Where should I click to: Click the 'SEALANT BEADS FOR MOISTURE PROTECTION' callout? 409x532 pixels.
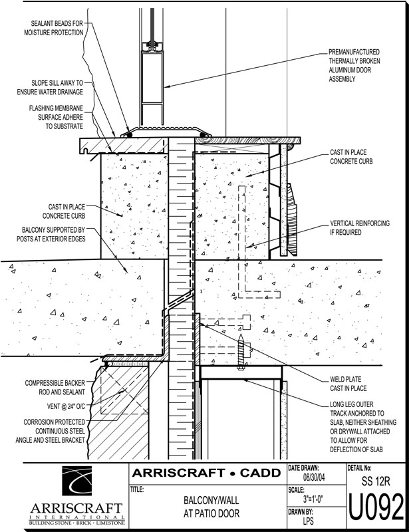click(x=54, y=28)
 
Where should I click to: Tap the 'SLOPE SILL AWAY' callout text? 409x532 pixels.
click(x=50, y=88)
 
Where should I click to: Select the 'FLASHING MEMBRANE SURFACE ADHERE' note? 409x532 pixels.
click(x=56, y=118)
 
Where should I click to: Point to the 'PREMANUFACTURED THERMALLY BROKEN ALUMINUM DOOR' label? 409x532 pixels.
click(x=354, y=65)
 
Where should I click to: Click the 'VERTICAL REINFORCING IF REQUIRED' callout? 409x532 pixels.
click(x=360, y=228)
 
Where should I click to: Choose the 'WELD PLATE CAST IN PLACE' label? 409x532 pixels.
click(x=348, y=384)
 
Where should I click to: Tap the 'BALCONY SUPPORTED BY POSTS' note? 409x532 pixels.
click(x=51, y=235)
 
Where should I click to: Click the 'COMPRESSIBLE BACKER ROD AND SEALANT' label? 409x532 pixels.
click(x=55, y=388)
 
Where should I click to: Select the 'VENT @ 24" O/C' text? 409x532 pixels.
click(x=66, y=406)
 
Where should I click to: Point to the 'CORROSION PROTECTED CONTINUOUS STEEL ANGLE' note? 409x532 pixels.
click(x=51, y=431)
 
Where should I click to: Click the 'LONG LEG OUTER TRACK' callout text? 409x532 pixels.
click(x=363, y=427)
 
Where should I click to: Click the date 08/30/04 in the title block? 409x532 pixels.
click(x=314, y=477)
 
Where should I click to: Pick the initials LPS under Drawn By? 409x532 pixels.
click(x=308, y=521)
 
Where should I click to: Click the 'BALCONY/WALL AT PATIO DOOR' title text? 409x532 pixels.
click(x=211, y=507)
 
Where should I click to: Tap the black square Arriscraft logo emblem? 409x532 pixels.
click(x=76, y=481)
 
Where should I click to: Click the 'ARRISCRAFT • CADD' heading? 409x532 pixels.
click(x=206, y=473)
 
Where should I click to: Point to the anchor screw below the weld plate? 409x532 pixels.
click(x=241, y=352)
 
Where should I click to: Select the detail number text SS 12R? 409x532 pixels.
click(x=376, y=481)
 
